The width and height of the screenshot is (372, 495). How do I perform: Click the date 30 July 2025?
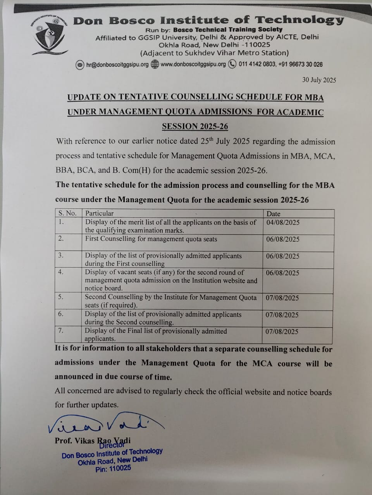point(319,80)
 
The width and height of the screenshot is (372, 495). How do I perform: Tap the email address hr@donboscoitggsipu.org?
point(117,65)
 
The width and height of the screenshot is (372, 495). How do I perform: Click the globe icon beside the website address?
point(155,64)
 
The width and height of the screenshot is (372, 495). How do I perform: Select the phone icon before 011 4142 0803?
point(232,64)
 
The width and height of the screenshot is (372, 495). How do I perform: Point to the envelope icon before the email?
point(80,65)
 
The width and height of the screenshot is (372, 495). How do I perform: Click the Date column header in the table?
point(273,213)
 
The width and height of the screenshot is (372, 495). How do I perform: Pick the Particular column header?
point(100,213)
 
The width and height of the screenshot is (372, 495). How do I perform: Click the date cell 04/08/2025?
point(283,222)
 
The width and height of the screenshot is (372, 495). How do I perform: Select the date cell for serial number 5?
point(282,298)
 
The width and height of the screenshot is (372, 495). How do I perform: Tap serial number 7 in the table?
point(60,331)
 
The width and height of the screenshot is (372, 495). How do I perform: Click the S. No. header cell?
point(67,213)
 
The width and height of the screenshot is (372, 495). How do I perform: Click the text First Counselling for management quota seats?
point(151,239)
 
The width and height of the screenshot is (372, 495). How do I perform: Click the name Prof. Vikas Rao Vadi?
point(93,440)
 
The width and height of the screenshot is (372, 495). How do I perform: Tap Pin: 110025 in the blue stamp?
point(113,469)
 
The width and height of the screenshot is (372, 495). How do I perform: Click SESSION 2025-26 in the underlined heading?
point(195,126)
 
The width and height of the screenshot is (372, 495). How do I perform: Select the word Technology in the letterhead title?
point(299,20)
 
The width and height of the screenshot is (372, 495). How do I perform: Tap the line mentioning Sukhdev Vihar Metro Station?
point(214,53)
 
